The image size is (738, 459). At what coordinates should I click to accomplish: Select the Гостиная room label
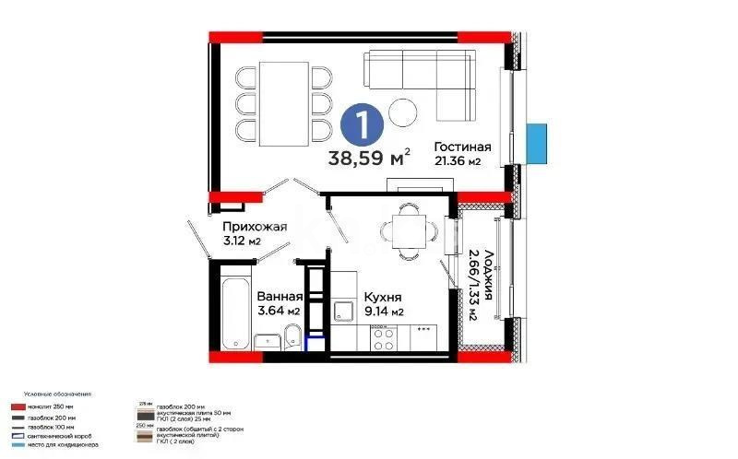pos(462,147)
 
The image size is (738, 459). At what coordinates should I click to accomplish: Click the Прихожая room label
pos(255,227)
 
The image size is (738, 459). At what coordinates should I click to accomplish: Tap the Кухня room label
pos(382,297)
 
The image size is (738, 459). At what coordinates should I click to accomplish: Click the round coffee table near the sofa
pos(403,112)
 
